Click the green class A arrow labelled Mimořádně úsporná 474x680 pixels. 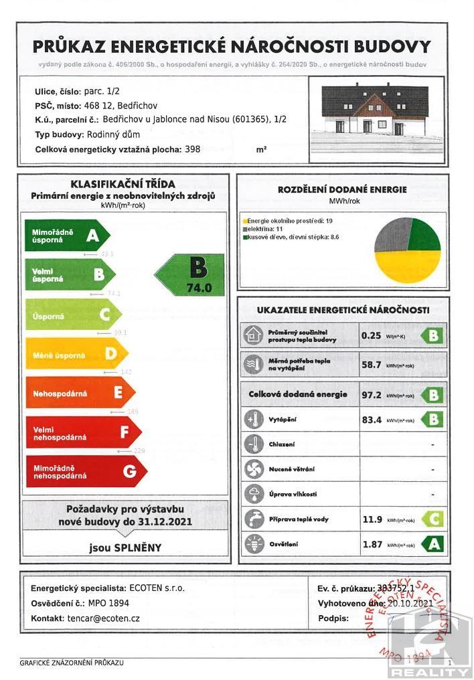tap(67, 235)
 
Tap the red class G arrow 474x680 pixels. tap(86, 471)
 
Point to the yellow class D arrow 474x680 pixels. tap(74, 353)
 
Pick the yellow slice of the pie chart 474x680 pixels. tap(408, 266)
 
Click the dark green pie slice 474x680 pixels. tap(424, 234)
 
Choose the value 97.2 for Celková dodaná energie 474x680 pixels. tap(372, 395)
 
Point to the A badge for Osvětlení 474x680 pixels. tap(432, 544)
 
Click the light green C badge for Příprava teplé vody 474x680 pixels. tap(432, 519)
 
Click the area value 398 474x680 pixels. tap(191, 150)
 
